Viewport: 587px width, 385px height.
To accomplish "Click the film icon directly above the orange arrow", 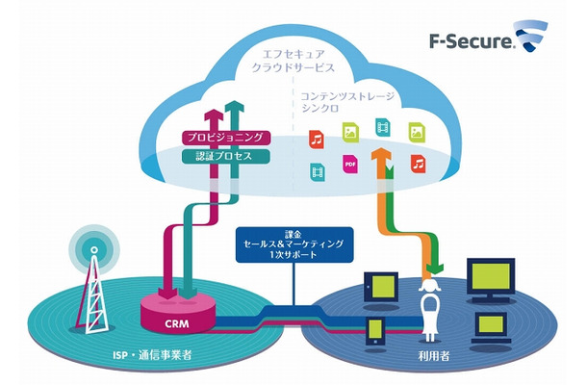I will coord(382,126).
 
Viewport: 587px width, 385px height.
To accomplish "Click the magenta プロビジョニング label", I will coord(222,138).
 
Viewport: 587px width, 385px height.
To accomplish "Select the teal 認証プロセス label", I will coord(222,155).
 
